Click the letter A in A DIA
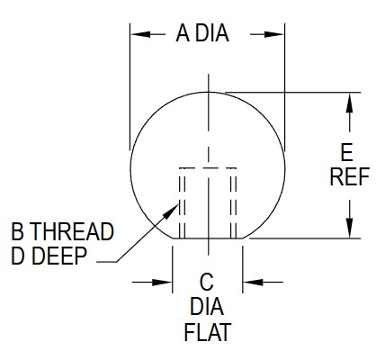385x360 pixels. [183, 33]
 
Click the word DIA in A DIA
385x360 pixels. [212, 33]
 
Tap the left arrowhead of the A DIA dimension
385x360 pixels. [140, 34]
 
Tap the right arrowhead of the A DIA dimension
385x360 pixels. [274, 34]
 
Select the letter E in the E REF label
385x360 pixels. [347, 152]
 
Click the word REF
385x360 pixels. [350, 176]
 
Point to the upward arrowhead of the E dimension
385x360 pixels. [349, 103]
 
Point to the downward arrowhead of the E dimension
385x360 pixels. [349, 228]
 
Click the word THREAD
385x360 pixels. [72, 231]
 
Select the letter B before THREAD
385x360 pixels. [17, 231]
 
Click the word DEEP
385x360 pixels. [59, 256]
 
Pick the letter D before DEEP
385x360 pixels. [18, 256]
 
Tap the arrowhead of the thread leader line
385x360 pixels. [172, 211]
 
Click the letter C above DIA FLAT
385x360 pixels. [207, 282]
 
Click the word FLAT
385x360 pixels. [208, 332]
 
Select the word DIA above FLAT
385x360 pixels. [207, 307]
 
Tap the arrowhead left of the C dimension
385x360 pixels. [162, 282]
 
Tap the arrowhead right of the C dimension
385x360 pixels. [253, 282]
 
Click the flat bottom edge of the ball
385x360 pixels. [208, 238]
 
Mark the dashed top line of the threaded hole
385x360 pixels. [208, 167]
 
